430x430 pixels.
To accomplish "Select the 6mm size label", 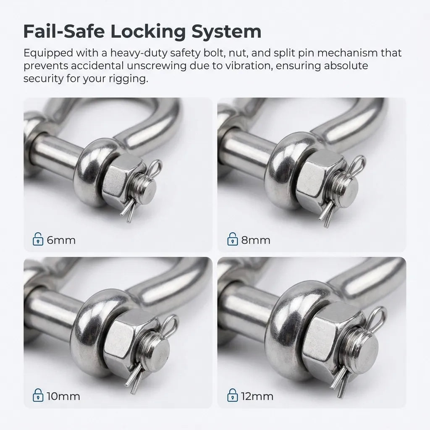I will (61, 241).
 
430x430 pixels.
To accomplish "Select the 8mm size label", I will (256, 241).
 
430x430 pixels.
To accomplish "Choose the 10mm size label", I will (63, 396).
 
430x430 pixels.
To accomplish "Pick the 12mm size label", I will (257, 396).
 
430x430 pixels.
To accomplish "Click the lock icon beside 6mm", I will (38, 241).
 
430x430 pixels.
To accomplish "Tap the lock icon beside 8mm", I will (232, 241).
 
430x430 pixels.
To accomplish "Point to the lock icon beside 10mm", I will (38, 396).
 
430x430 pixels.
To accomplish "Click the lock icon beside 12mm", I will (232, 396).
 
